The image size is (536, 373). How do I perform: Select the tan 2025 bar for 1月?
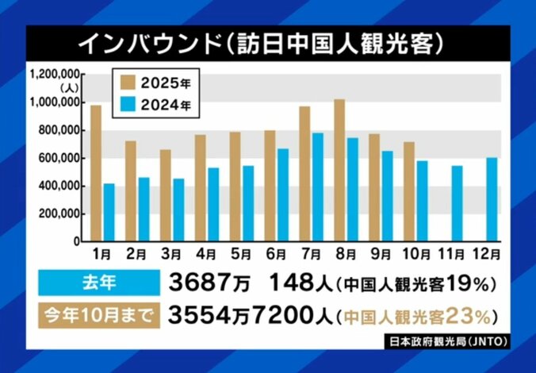[96, 172]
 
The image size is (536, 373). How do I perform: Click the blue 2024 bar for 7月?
[317, 186]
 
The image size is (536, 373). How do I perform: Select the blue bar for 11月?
[457, 202]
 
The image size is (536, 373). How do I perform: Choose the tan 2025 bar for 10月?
[409, 191]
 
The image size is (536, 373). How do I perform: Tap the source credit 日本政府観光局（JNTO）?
[450, 343]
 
